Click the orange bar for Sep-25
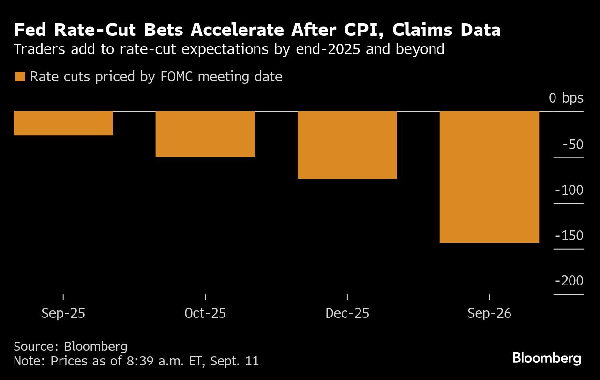pyautogui.click(x=63, y=124)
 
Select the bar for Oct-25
pyautogui.click(x=205, y=134)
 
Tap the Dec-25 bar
pyautogui.click(x=347, y=145)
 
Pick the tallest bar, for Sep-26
pyautogui.click(x=489, y=177)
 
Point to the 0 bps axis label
pyautogui.click(x=566, y=98)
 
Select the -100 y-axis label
pyautogui.click(x=569, y=190)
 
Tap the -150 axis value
pyautogui.click(x=569, y=236)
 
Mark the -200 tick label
pyautogui.click(x=569, y=281)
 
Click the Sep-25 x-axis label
pyautogui.click(x=63, y=314)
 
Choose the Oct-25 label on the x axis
pyautogui.click(x=205, y=314)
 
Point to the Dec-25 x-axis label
pyautogui.click(x=347, y=314)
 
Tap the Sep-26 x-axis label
pyautogui.click(x=489, y=314)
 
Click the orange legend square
pyautogui.click(x=20, y=77)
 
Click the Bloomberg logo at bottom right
pyautogui.click(x=547, y=359)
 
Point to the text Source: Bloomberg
pyautogui.click(x=71, y=347)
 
